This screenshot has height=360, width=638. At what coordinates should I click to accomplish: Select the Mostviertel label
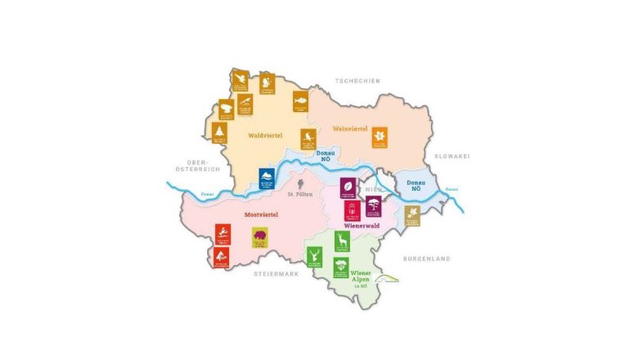pyautogui.click(x=263, y=215)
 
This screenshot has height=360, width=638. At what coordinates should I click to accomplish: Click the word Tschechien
pyautogui.click(x=357, y=80)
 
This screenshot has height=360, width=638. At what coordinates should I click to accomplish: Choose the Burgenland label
pyautogui.click(x=426, y=259)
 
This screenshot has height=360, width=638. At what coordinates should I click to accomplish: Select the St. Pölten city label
pyautogui.click(x=301, y=194)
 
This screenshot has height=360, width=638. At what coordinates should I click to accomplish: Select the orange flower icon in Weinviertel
pyautogui.click(x=379, y=137)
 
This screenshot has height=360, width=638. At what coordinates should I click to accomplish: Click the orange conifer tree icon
pyautogui.click(x=219, y=133)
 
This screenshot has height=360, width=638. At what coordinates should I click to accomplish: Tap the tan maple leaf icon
pyautogui.click(x=412, y=215)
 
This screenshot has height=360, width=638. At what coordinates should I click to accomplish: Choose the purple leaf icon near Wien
pyautogui.click(x=347, y=187)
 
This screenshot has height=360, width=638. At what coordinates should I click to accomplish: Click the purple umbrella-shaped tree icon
pyautogui.click(x=373, y=205)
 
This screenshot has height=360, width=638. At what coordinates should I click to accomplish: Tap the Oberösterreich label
pyautogui.click(x=199, y=164)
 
